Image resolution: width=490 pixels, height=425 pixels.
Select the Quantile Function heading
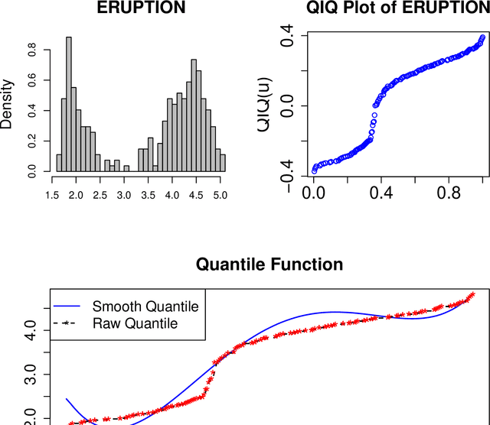pos(269,264)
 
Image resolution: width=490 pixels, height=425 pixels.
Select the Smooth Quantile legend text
pos(145,307)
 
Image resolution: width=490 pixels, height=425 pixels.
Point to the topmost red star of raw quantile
pos(472,294)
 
